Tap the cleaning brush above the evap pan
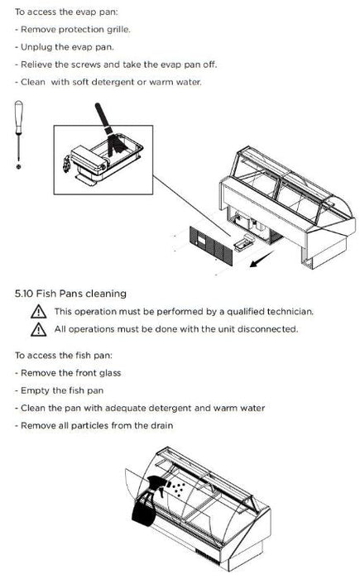tap(109, 128)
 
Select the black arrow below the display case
tap(262, 258)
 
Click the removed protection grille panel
tap(211, 246)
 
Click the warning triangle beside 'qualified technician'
tap(38, 312)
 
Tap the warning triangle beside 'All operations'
tap(38, 329)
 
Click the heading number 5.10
tap(24, 294)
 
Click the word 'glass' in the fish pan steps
tap(110, 373)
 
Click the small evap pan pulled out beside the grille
tap(242, 242)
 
